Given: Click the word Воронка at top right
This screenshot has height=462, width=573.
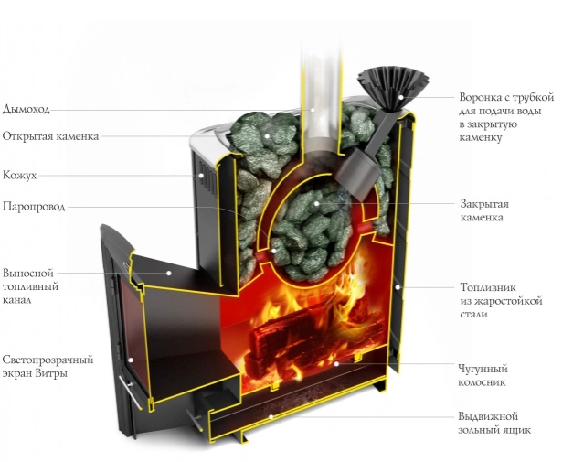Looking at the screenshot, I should point(480,96).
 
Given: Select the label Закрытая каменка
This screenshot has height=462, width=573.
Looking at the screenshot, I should point(484,210).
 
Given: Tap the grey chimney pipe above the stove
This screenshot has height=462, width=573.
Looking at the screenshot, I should point(313,64).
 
